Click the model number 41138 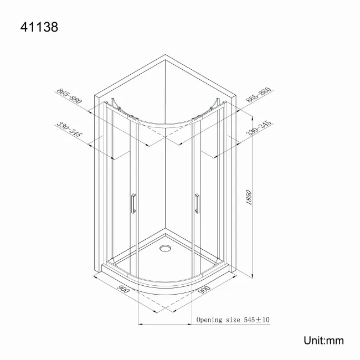click(x=39, y=26)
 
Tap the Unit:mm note click(x=323, y=340)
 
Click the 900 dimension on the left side click(x=124, y=289)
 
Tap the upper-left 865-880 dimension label click(x=70, y=97)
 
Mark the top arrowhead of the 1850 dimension click(x=253, y=117)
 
